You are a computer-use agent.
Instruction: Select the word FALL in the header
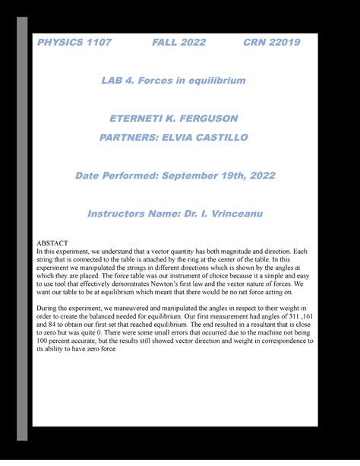click(x=166, y=43)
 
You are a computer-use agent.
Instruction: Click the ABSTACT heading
click(x=52, y=243)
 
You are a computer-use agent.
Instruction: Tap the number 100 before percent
click(x=44, y=342)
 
